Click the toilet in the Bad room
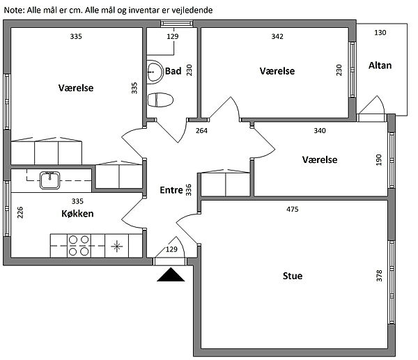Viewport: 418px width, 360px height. click(x=160, y=100)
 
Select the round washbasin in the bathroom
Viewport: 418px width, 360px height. click(x=155, y=72)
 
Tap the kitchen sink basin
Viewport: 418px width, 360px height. click(x=50, y=180)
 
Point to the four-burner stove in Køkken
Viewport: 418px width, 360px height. click(x=79, y=246)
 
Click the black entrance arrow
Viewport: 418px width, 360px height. click(x=171, y=275)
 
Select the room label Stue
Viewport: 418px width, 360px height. click(x=293, y=276)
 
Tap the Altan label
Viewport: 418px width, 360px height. click(x=380, y=65)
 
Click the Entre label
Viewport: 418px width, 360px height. click(x=171, y=190)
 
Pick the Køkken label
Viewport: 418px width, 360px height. click(x=77, y=214)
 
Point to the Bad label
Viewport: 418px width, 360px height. click(x=173, y=71)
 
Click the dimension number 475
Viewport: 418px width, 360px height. click(x=292, y=210)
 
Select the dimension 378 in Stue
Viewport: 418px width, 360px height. click(x=379, y=276)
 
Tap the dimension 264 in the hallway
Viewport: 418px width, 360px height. click(x=201, y=131)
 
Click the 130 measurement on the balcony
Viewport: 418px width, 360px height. click(x=380, y=33)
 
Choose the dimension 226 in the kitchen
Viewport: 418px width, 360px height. click(x=20, y=212)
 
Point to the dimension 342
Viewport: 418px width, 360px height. click(x=277, y=36)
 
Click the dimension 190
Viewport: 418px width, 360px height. click(x=379, y=160)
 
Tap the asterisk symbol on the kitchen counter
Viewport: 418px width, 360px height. click(x=117, y=246)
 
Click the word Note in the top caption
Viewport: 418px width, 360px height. click(x=15, y=10)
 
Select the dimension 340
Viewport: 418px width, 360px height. click(x=319, y=131)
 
